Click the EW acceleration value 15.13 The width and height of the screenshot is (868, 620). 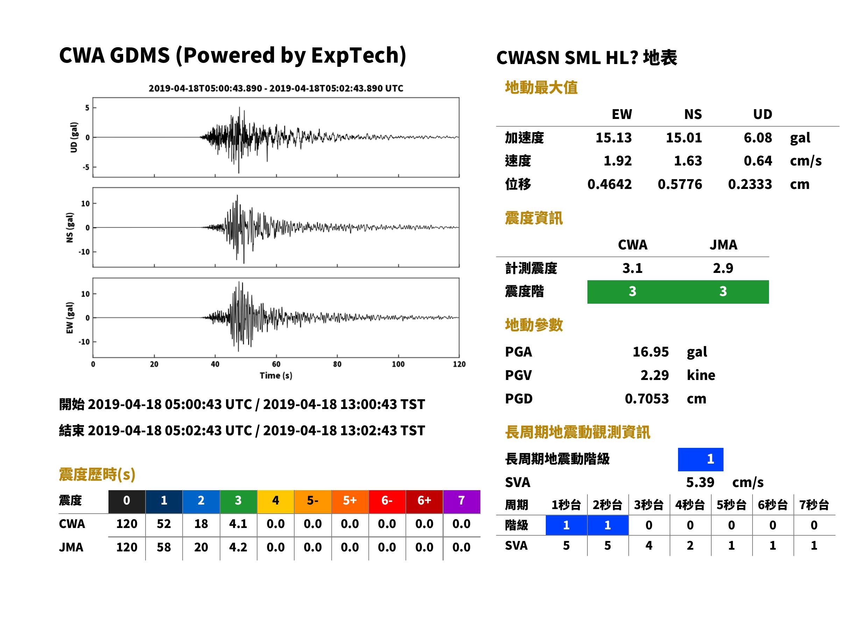613,138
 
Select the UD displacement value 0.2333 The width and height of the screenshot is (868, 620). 750,184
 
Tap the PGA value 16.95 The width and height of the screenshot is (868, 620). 650,352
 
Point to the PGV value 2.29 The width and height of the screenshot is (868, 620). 654,375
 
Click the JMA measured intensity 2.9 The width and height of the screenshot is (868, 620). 723,268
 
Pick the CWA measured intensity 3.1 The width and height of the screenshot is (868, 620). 633,268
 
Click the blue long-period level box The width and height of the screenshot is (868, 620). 700,459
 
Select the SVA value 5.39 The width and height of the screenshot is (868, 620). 700,482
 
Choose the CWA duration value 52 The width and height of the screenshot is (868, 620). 164,524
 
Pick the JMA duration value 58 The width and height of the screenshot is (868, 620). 164,548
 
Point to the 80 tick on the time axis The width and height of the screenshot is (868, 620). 337,364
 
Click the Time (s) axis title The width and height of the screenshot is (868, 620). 276,376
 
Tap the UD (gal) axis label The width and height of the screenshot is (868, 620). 74,138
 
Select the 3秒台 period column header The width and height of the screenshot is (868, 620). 649,505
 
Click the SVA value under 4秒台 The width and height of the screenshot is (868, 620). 690,546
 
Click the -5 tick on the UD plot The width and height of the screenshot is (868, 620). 87,167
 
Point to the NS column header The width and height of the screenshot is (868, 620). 693,114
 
